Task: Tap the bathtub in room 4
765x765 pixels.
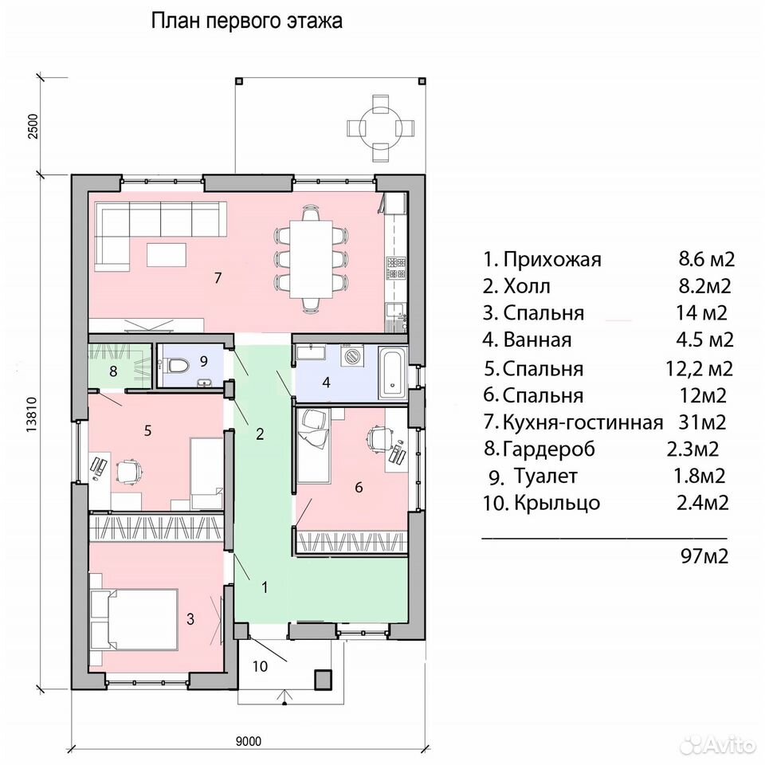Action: (x=393, y=373)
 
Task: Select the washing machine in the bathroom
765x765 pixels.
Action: (x=352, y=356)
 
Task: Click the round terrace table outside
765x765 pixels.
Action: (x=380, y=127)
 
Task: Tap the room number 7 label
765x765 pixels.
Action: (x=218, y=277)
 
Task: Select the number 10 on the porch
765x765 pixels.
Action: (x=260, y=666)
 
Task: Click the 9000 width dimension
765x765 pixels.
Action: (x=249, y=742)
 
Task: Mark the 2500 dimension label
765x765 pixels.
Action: (x=32, y=127)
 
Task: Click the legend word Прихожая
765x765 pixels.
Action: (x=551, y=260)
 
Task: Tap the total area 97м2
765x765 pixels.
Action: (x=704, y=555)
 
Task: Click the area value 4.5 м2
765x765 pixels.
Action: (x=704, y=339)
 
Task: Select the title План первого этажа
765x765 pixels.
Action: (x=246, y=22)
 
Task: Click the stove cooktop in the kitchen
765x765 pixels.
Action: (x=396, y=268)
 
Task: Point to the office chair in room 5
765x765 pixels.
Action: (x=129, y=471)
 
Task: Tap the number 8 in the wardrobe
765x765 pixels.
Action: (x=113, y=372)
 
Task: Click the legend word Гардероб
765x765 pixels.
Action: (x=549, y=449)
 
